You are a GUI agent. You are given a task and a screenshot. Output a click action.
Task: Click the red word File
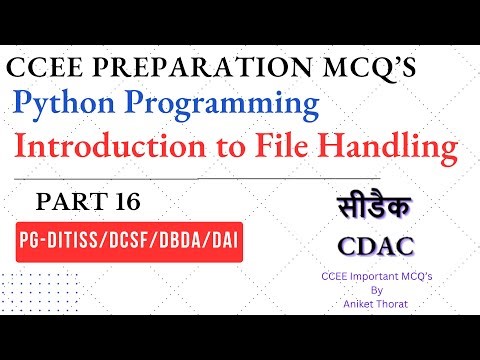pos(307,148)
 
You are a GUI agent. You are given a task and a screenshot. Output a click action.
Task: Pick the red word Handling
pos(403,149)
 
